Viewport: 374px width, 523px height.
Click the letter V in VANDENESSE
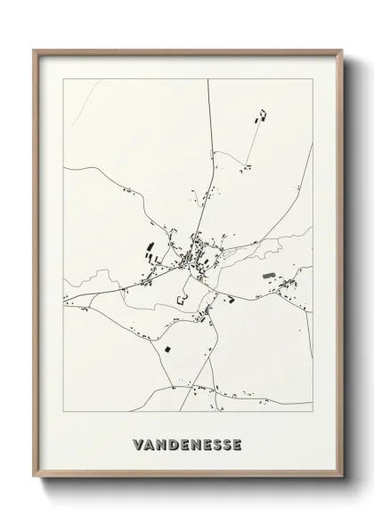point(137,445)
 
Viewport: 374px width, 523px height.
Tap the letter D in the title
point(175,445)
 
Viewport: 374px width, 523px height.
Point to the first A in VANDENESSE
point(149,445)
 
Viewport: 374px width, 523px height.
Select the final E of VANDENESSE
point(237,445)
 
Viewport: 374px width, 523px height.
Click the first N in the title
point(161,445)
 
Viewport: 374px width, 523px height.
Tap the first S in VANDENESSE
point(213,445)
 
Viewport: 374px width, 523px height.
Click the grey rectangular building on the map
point(270,277)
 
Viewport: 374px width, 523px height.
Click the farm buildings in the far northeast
point(261,116)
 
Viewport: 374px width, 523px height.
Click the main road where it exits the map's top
point(207,81)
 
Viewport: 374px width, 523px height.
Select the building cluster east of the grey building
point(289,285)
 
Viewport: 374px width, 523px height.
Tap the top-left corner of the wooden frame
point(35,51)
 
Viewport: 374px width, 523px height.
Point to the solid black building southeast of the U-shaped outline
point(230,301)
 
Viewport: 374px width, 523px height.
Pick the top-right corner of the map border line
point(313,79)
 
